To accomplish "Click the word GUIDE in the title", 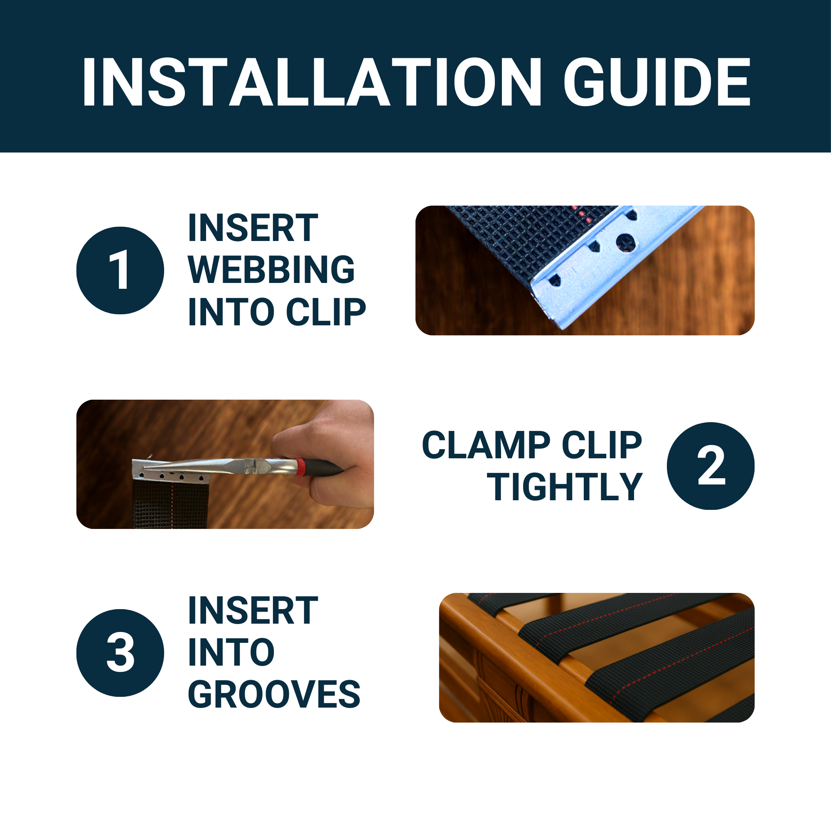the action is tap(658, 82).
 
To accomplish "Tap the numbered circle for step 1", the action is tap(120, 270).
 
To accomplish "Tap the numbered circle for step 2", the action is tap(711, 466).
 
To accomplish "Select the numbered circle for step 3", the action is tap(120, 652).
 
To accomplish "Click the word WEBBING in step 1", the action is tap(271, 269).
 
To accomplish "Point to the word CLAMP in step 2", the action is tap(486, 445).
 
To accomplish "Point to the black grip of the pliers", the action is tap(325, 468).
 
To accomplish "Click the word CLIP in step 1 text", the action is tap(326, 312).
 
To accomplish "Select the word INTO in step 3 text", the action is tap(231, 652).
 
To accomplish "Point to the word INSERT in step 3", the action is tap(253, 610).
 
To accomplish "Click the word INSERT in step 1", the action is tap(253, 228).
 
